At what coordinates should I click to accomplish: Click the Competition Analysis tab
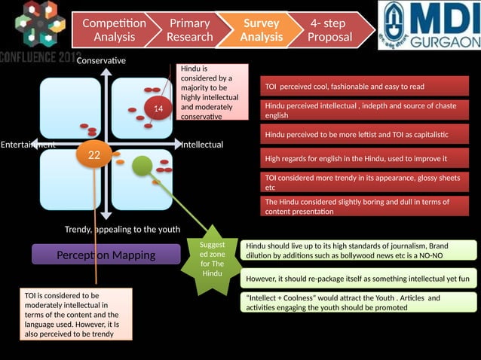pyautogui.click(x=113, y=30)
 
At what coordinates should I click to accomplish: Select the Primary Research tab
pyautogui.click(x=189, y=30)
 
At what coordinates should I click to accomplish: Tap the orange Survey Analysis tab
pyautogui.click(x=261, y=30)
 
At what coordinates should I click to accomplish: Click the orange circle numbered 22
pyautogui.click(x=94, y=155)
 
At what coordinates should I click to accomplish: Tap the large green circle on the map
pyautogui.click(x=142, y=166)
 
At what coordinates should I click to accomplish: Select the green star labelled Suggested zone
pyautogui.click(x=212, y=255)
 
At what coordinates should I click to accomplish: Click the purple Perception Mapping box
pyautogui.click(x=106, y=255)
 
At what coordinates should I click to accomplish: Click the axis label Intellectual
pyautogui.click(x=202, y=144)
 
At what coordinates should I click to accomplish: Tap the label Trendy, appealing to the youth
pyautogui.click(x=122, y=229)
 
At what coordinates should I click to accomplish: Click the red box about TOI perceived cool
pyautogui.click(x=364, y=86)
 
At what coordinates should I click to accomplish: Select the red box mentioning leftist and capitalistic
pyautogui.click(x=364, y=135)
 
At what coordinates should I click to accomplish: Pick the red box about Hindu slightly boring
pyautogui.click(x=364, y=206)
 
